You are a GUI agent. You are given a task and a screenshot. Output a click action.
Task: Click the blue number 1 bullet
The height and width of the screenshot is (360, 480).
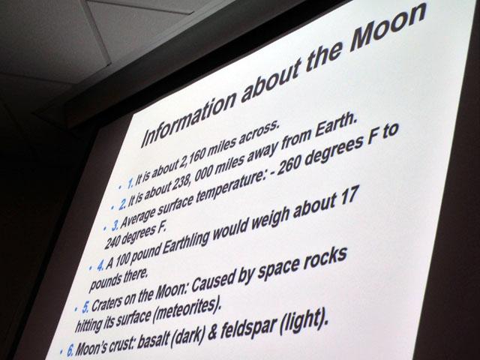(x=130, y=182)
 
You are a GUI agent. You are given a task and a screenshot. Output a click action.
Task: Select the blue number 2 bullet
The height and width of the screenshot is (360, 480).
(x=122, y=204)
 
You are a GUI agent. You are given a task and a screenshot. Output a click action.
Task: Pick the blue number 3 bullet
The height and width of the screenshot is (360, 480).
(x=115, y=226)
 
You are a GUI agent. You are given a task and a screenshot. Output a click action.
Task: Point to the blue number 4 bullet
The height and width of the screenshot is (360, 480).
(x=100, y=265)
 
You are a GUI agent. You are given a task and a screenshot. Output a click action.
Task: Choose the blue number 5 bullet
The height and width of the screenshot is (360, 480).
(x=86, y=307)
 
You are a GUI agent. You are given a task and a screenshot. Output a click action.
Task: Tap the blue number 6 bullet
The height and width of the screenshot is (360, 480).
(x=70, y=349)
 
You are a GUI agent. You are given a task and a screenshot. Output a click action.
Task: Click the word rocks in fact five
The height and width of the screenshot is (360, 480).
(x=327, y=261)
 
